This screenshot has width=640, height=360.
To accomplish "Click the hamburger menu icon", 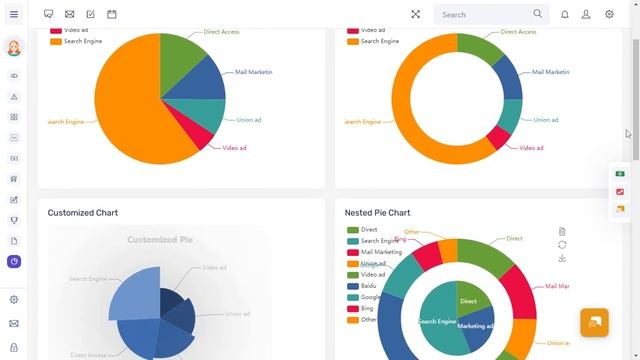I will pyautogui.click(x=14, y=15).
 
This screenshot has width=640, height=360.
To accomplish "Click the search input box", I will pyautogui.click(x=485, y=15).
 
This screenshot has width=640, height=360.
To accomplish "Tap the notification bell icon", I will pyautogui.click(x=565, y=15).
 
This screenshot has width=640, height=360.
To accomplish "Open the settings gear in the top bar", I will pyautogui.click(x=609, y=15).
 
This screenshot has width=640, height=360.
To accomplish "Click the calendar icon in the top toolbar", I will pyautogui.click(x=112, y=15).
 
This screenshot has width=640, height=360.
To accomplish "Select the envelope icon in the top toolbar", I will pyautogui.click(x=70, y=15).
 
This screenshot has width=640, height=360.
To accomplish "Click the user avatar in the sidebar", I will pyautogui.click(x=14, y=48).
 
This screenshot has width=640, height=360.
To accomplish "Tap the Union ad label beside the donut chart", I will pyautogui.click(x=545, y=120).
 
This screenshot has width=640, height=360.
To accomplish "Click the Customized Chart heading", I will pyautogui.click(x=83, y=213).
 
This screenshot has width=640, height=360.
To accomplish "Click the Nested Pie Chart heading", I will pyautogui.click(x=378, y=213).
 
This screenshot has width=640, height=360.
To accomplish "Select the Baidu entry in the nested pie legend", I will pyautogui.click(x=370, y=285).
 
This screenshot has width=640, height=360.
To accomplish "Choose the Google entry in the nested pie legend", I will pyautogui.click(x=371, y=297).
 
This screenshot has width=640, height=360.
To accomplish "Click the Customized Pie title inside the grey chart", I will pyautogui.click(x=160, y=240).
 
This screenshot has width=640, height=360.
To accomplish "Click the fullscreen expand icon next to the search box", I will pyautogui.click(x=415, y=15).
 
